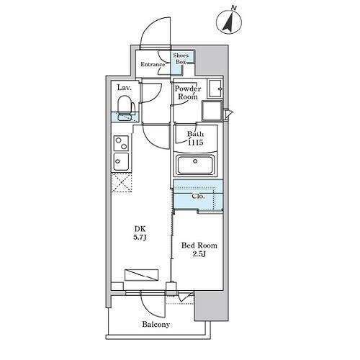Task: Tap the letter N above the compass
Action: tap(233, 8)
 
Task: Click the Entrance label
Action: tap(153, 64)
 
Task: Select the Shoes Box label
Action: tap(181, 58)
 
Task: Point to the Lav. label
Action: tap(125, 88)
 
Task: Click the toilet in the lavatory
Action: tap(126, 108)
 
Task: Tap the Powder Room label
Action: tap(188, 93)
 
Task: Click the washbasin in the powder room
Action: tap(215, 89)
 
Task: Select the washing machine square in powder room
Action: tap(212, 110)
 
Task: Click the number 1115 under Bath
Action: tap(196, 143)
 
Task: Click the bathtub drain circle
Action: tap(195, 161)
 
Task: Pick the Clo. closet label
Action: tap(198, 197)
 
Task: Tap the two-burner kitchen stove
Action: tap(121, 143)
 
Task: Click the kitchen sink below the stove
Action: tap(121, 161)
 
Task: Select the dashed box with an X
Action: tap(122, 182)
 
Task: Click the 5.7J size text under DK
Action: tap(140, 238)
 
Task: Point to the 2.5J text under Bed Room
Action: tap(199, 254)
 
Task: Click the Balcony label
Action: tap(156, 325)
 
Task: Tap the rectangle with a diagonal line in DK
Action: tap(141, 275)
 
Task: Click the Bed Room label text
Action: tap(199, 246)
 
